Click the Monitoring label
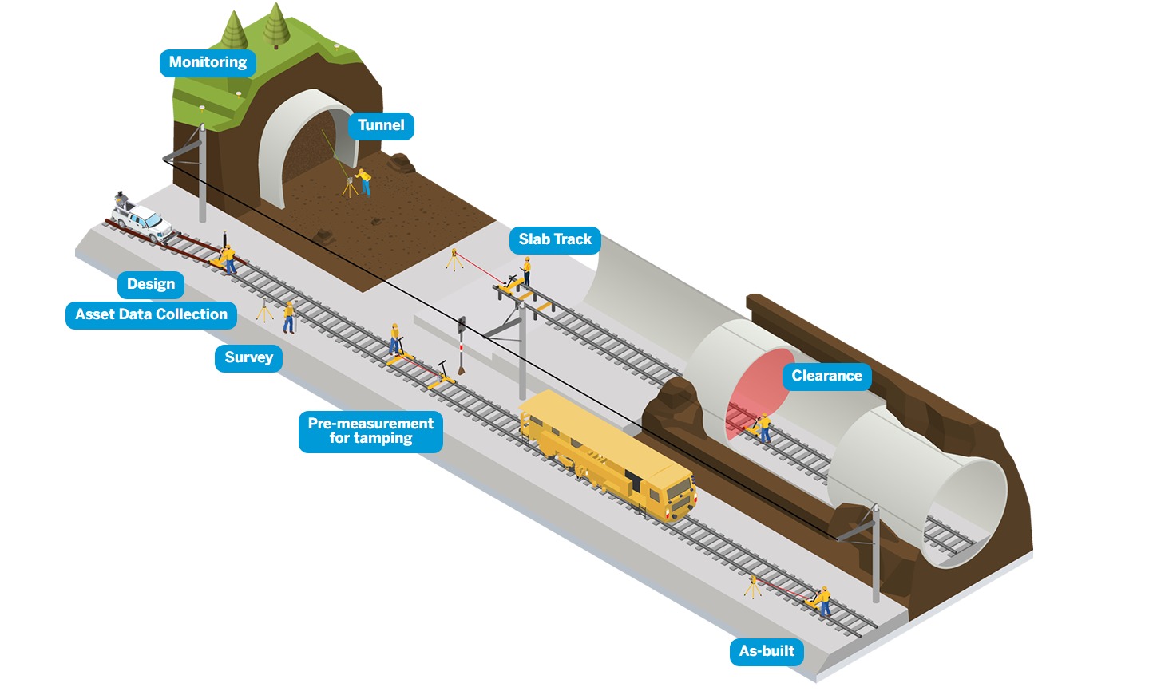pyautogui.click(x=208, y=63)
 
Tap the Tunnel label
pyautogui.click(x=381, y=126)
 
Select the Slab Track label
pyautogui.click(x=555, y=240)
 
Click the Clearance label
pyautogui.click(x=826, y=377)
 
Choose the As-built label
pyautogui.click(x=767, y=652)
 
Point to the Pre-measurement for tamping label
pyautogui.click(x=370, y=432)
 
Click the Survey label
pyautogui.click(x=248, y=358)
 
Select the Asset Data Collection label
pyautogui.click(x=151, y=315)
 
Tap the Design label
pyautogui.click(x=150, y=285)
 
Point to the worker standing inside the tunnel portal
pyautogui.click(x=365, y=181)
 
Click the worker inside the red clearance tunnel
pyautogui.click(x=764, y=427)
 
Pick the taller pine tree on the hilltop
pyautogui.click(x=275, y=24)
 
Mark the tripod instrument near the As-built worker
pyautogui.click(x=752, y=586)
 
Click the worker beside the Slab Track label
pyautogui.click(x=526, y=271)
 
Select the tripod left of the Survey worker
pyautogui.click(x=264, y=310)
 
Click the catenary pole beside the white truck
pyautogui.click(x=202, y=176)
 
